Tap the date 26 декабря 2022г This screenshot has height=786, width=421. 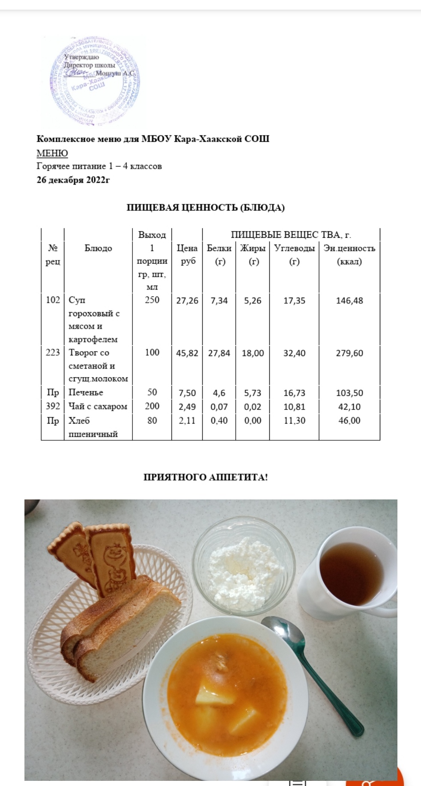(73, 180)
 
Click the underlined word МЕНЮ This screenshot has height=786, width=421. (52, 153)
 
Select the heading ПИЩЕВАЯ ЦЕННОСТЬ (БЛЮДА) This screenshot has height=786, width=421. (205, 208)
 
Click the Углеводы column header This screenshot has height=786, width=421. (294, 248)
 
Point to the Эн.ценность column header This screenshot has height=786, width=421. (349, 248)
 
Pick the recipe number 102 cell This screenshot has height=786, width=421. (53, 300)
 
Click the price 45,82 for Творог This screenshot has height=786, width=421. (187, 353)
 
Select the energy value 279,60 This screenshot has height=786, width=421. (349, 353)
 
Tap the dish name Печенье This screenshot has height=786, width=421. (86, 392)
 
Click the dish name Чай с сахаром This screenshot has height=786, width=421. (98, 406)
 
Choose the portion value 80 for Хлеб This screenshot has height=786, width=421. (152, 421)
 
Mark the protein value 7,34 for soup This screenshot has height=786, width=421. (219, 301)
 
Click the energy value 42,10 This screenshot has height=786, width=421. (349, 407)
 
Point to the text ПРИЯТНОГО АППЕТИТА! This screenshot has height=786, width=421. (205, 477)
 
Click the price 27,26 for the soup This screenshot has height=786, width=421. (187, 301)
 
